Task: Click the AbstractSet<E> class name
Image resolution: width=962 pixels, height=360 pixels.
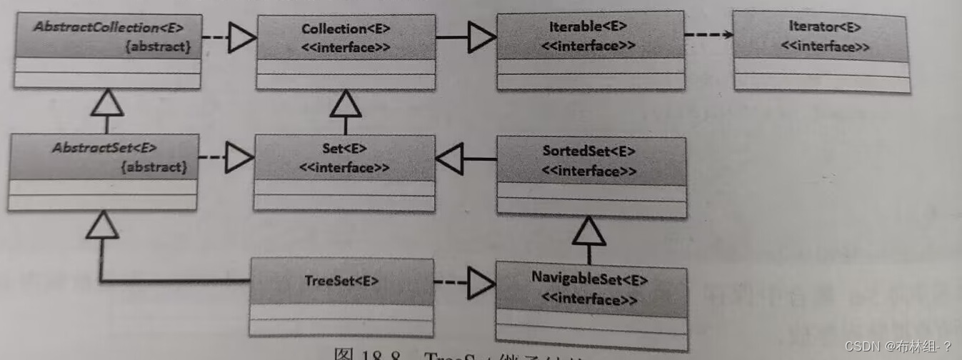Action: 104,149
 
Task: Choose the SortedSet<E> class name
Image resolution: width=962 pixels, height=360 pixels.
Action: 588,151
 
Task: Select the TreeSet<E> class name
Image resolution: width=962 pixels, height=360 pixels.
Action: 341,280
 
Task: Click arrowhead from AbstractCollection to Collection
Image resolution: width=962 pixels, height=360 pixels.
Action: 241,38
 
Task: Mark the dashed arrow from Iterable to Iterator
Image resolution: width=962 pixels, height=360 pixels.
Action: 708,34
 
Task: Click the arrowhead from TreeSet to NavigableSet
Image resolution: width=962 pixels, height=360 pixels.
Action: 481,285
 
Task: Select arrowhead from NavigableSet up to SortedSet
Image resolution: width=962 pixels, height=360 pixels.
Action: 589,231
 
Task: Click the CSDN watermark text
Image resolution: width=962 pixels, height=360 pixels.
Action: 898,346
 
